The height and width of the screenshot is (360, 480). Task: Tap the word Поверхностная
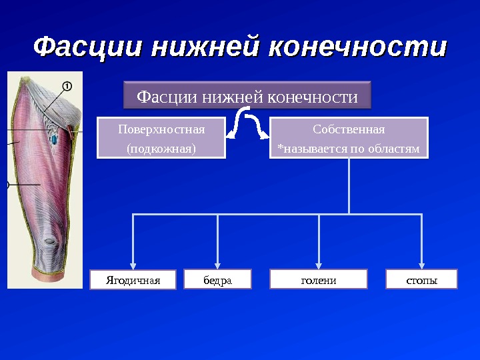161,129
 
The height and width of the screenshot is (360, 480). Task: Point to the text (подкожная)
161,148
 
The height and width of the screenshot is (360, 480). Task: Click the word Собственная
349,129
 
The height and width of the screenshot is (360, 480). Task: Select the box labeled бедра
217,279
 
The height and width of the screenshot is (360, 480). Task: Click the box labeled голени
318,279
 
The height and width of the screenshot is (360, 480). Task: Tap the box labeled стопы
421,279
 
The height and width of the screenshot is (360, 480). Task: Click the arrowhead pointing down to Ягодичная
133,263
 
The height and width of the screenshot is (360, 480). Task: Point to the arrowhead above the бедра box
217,263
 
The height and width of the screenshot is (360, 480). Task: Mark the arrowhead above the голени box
319,263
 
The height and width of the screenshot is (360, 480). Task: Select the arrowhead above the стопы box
421,263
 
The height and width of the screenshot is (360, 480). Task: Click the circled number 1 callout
67,85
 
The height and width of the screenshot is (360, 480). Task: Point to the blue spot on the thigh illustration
53,139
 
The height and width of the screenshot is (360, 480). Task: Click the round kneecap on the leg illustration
51,242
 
